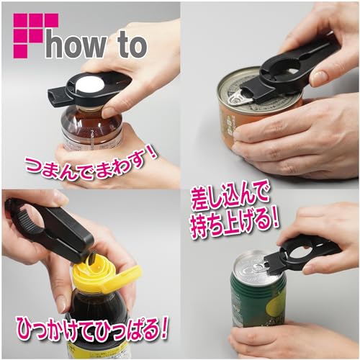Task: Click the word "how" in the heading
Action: [76, 45]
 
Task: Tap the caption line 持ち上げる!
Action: [235, 224]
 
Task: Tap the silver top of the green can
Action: [257, 266]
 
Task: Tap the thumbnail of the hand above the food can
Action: [319, 74]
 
